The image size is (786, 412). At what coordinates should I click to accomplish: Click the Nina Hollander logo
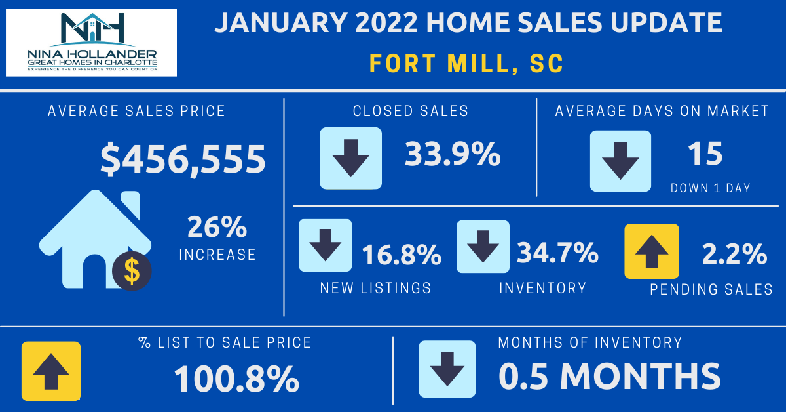(x=91, y=43)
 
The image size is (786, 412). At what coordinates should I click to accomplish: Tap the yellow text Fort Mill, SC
(x=466, y=64)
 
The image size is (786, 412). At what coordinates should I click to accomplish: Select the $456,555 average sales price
(x=183, y=159)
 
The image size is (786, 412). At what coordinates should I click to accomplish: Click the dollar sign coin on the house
(x=132, y=270)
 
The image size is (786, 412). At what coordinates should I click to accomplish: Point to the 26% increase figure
(x=217, y=228)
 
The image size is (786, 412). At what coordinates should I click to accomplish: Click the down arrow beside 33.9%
(x=350, y=158)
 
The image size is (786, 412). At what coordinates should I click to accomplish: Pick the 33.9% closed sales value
(x=453, y=155)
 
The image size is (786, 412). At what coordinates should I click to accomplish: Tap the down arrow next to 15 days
(x=620, y=161)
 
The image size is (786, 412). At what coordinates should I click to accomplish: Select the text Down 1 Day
(x=711, y=188)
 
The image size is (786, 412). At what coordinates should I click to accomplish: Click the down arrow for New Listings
(x=325, y=245)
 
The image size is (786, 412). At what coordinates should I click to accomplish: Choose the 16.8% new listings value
(x=401, y=255)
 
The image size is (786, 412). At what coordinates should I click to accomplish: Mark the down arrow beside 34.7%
(x=483, y=246)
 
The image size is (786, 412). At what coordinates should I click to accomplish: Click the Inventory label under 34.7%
(x=542, y=288)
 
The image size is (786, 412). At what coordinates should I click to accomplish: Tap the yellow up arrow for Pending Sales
(x=652, y=251)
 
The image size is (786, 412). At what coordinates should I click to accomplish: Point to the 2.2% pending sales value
(x=734, y=255)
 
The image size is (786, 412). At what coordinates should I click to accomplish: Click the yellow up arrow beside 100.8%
(x=51, y=371)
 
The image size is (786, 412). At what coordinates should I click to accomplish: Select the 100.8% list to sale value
(x=236, y=379)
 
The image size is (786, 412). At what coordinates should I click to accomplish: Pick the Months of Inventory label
(x=589, y=342)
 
